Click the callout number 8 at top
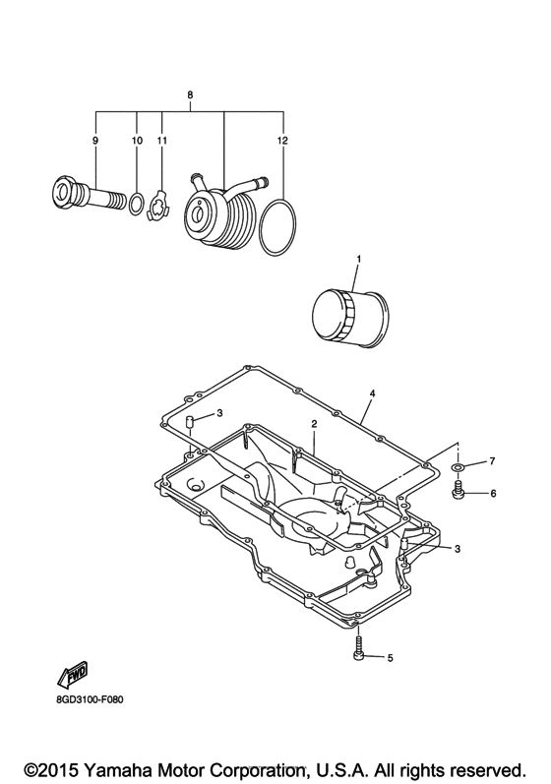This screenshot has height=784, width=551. pos(190,95)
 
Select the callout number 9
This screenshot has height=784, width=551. pos(95,141)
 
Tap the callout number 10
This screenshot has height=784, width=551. pos(137,141)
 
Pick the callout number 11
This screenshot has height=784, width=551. pos(161,141)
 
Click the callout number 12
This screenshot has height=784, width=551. pos(283,141)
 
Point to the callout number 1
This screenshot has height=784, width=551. pos(358,259)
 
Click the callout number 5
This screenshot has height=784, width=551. pos(390,657)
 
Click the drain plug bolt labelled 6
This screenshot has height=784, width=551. pos(458,491)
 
